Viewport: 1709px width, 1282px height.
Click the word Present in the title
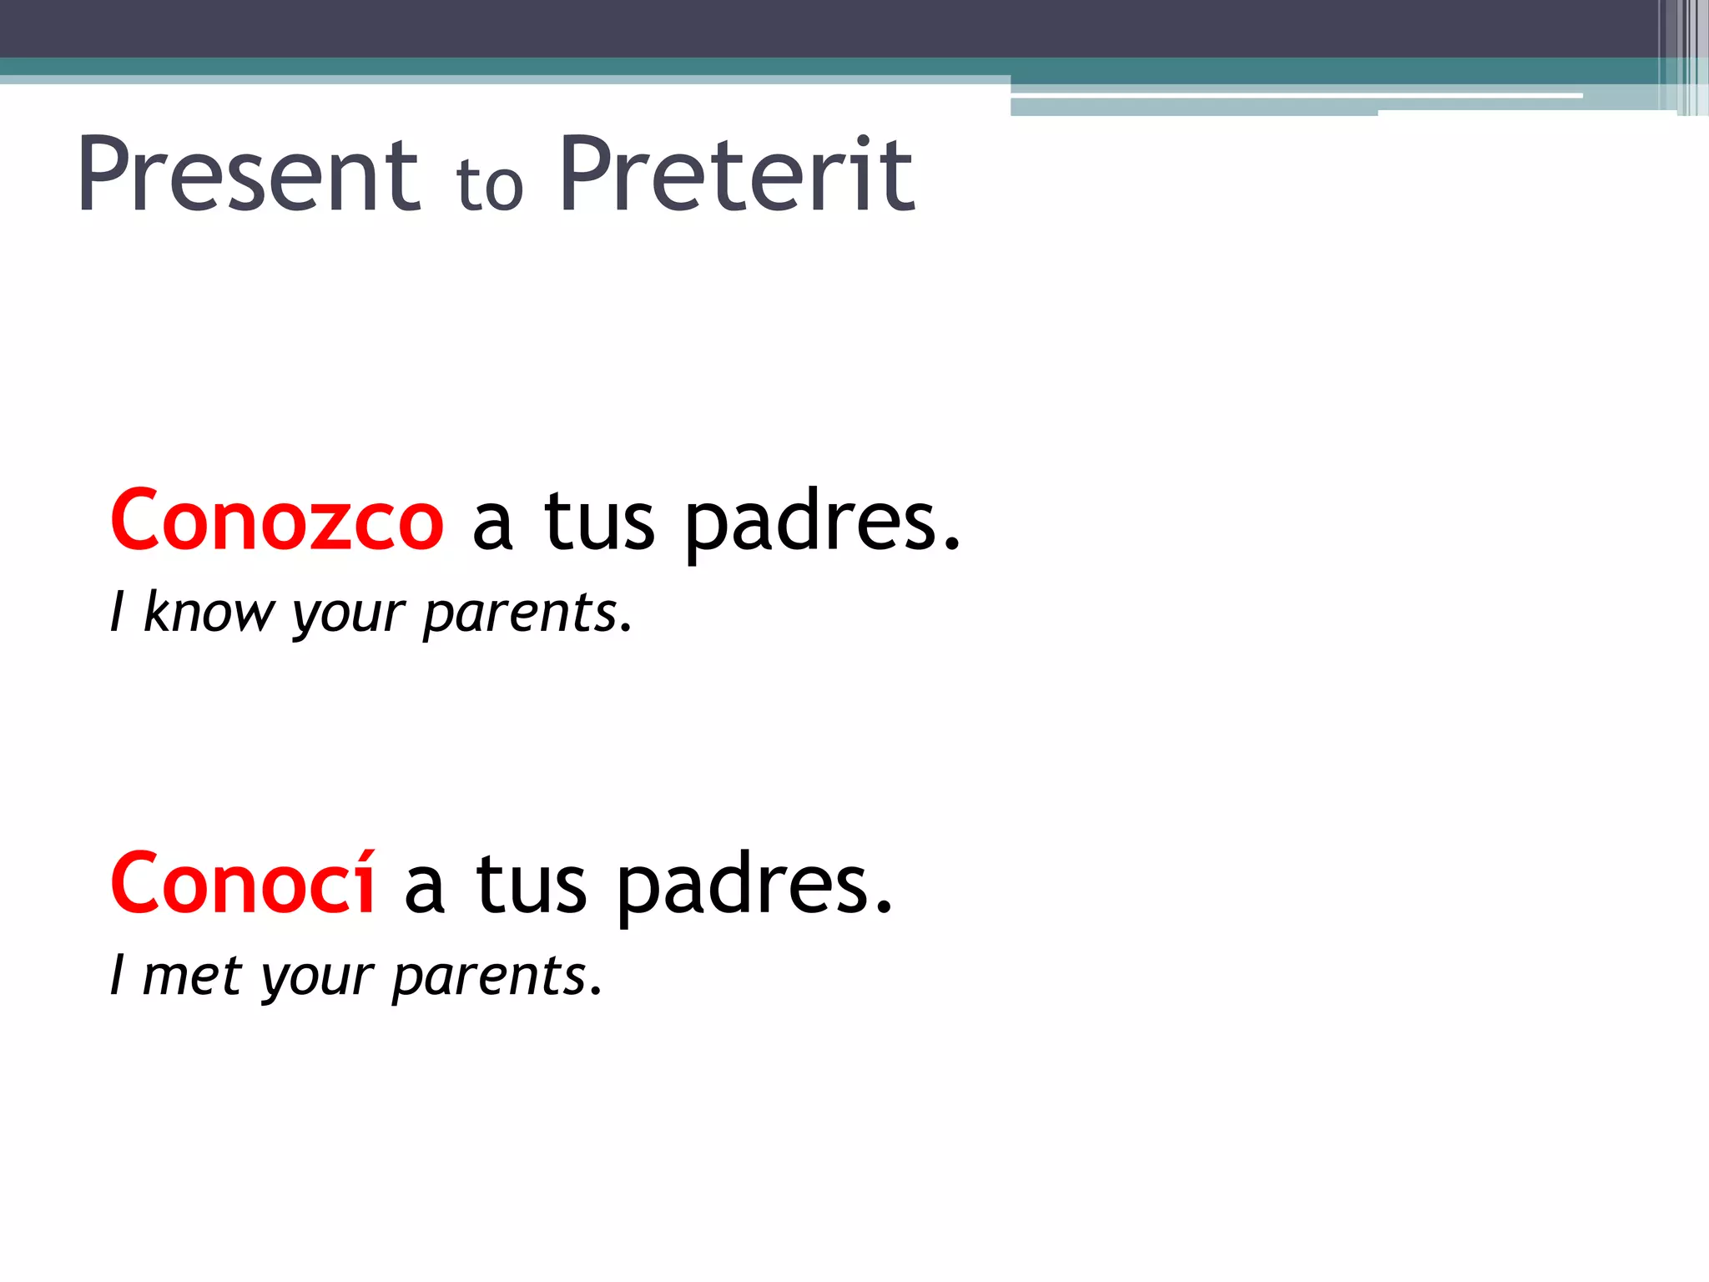click(x=249, y=175)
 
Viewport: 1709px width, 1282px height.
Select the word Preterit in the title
click(x=737, y=175)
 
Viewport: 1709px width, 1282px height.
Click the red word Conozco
click(x=277, y=521)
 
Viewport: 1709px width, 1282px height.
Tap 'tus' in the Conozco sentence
click(x=599, y=522)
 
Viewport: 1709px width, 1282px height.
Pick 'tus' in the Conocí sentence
click(x=532, y=885)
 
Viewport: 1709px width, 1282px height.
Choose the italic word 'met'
click(x=192, y=976)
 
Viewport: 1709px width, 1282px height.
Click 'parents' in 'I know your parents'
click(x=526, y=613)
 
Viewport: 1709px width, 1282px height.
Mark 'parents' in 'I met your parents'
click(x=496, y=977)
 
